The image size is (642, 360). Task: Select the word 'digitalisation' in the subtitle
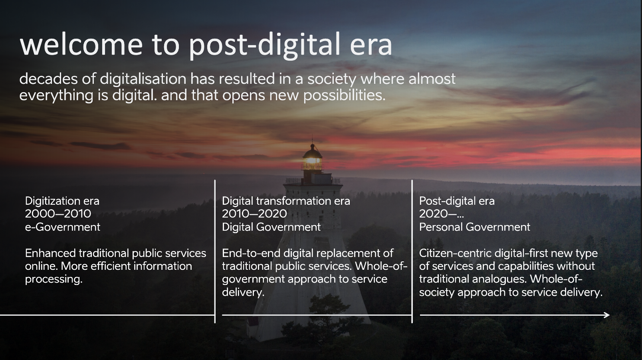pyautogui.click(x=143, y=79)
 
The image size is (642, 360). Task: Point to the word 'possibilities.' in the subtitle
pyautogui.click(x=344, y=95)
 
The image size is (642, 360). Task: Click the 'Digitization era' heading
pyautogui.click(x=62, y=201)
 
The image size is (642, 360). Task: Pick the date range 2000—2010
pyautogui.click(x=58, y=214)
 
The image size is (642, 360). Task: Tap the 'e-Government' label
pyautogui.click(x=62, y=227)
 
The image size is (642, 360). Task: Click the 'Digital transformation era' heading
pyautogui.click(x=286, y=201)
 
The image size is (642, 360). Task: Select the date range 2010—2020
pyautogui.click(x=254, y=214)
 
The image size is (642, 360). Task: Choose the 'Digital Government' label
pyautogui.click(x=271, y=227)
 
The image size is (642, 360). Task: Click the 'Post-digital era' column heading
pyautogui.click(x=457, y=201)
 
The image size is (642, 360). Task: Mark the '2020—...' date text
pyautogui.click(x=442, y=214)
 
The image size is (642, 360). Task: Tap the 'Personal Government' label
pyautogui.click(x=475, y=227)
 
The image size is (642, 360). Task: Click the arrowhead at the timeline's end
pyautogui.click(x=606, y=315)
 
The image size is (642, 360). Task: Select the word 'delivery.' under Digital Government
pyautogui.click(x=243, y=293)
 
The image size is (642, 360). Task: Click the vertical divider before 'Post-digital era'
pyautogui.click(x=412, y=251)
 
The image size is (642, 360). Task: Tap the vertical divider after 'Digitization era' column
pyautogui.click(x=215, y=251)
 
